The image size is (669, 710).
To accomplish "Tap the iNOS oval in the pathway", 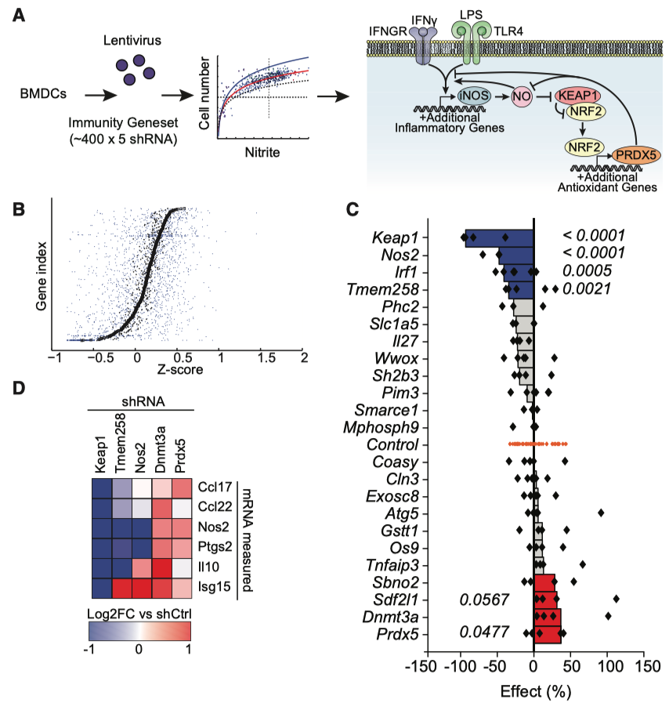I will (475, 96).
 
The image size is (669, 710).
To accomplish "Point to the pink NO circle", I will (522, 96).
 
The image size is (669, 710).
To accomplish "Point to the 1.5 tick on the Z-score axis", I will (263, 357).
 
